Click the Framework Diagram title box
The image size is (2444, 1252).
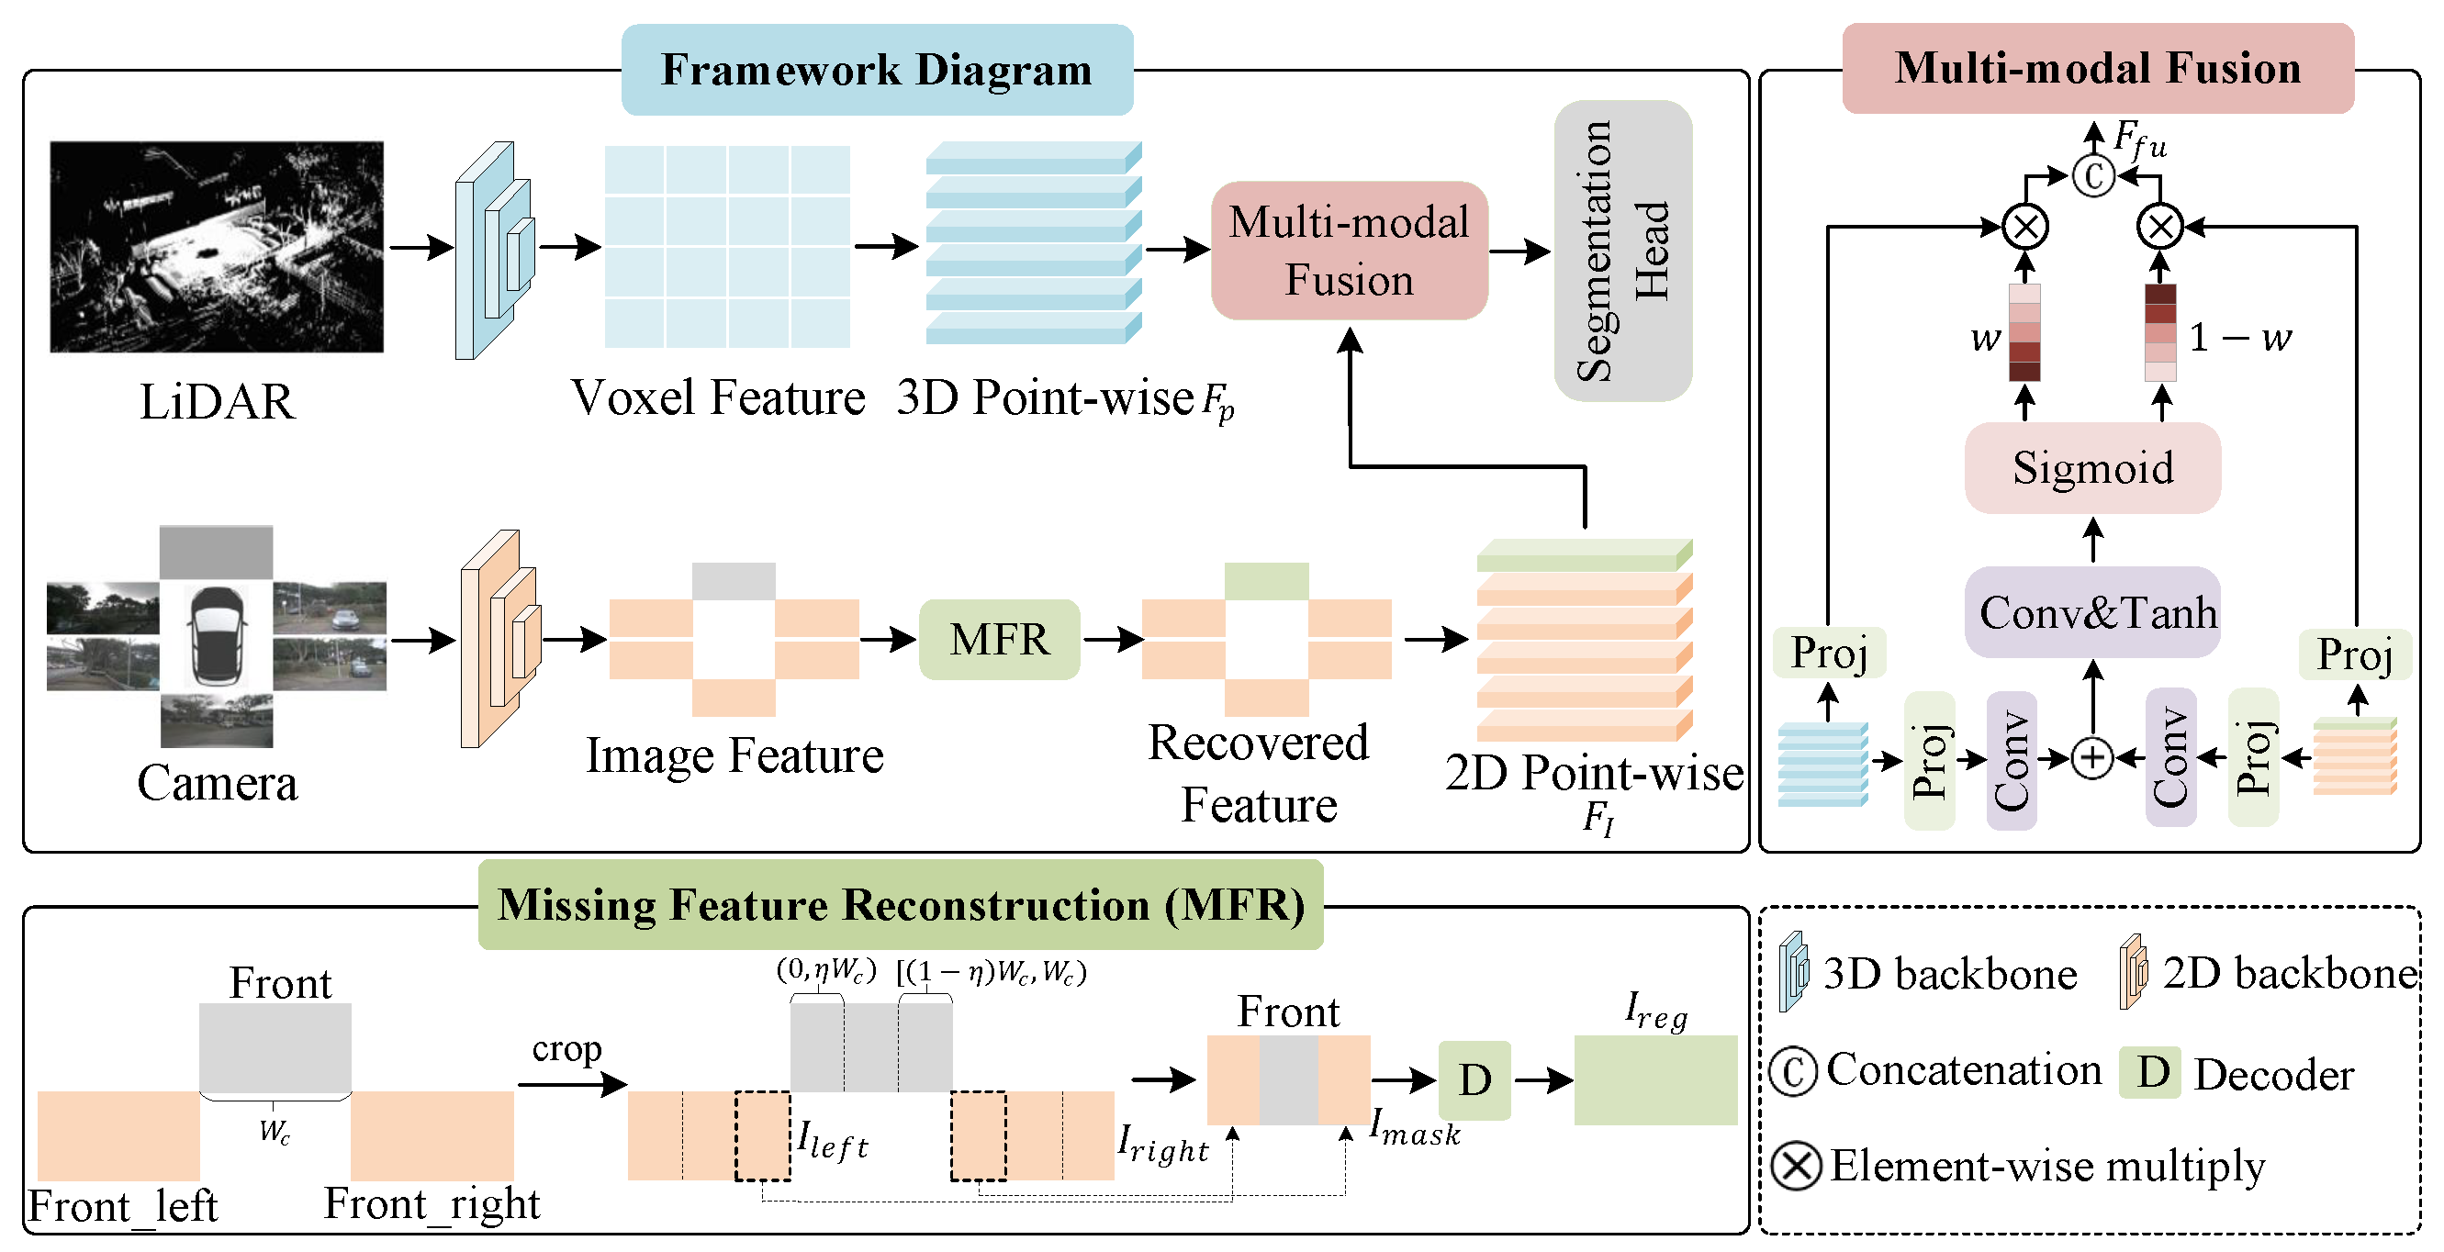[x=877, y=70]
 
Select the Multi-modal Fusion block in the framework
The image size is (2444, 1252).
[x=1349, y=251]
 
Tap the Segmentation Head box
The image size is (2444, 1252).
[x=1622, y=251]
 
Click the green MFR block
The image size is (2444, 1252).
[x=999, y=639]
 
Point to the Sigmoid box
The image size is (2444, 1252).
[x=2092, y=467]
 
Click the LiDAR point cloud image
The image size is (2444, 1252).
[x=217, y=247]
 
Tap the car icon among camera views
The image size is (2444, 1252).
[x=218, y=634]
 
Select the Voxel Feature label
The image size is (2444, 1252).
[x=718, y=397]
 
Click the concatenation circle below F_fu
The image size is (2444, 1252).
[x=2093, y=176]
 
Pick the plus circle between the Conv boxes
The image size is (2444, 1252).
[x=2092, y=758]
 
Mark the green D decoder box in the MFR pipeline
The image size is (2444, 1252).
[x=1474, y=1080]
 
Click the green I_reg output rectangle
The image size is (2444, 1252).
[x=1655, y=1080]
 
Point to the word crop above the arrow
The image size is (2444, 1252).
[x=566, y=1049]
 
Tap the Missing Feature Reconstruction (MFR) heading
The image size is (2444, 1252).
[x=901, y=905]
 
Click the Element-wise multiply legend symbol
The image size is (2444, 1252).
[x=1796, y=1166]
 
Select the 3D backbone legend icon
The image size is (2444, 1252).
[x=1792, y=972]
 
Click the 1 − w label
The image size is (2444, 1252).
[x=2239, y=338]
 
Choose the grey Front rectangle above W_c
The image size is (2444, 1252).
[x=275, y=1048]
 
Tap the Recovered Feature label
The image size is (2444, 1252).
[x=1258, y=773]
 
